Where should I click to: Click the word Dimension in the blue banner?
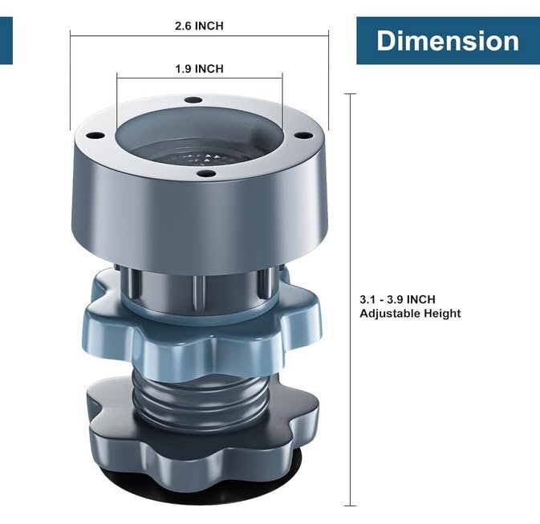[448, 41]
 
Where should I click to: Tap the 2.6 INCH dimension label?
[199, 26]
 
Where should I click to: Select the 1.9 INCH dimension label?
[200, 68]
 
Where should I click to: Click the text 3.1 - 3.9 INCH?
[397, 299]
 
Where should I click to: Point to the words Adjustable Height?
[410, 314]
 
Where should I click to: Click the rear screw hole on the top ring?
[193, 100]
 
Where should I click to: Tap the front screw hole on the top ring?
[207, 173]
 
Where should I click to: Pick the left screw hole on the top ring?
[95, 136]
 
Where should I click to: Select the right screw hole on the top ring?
[304, 136]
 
